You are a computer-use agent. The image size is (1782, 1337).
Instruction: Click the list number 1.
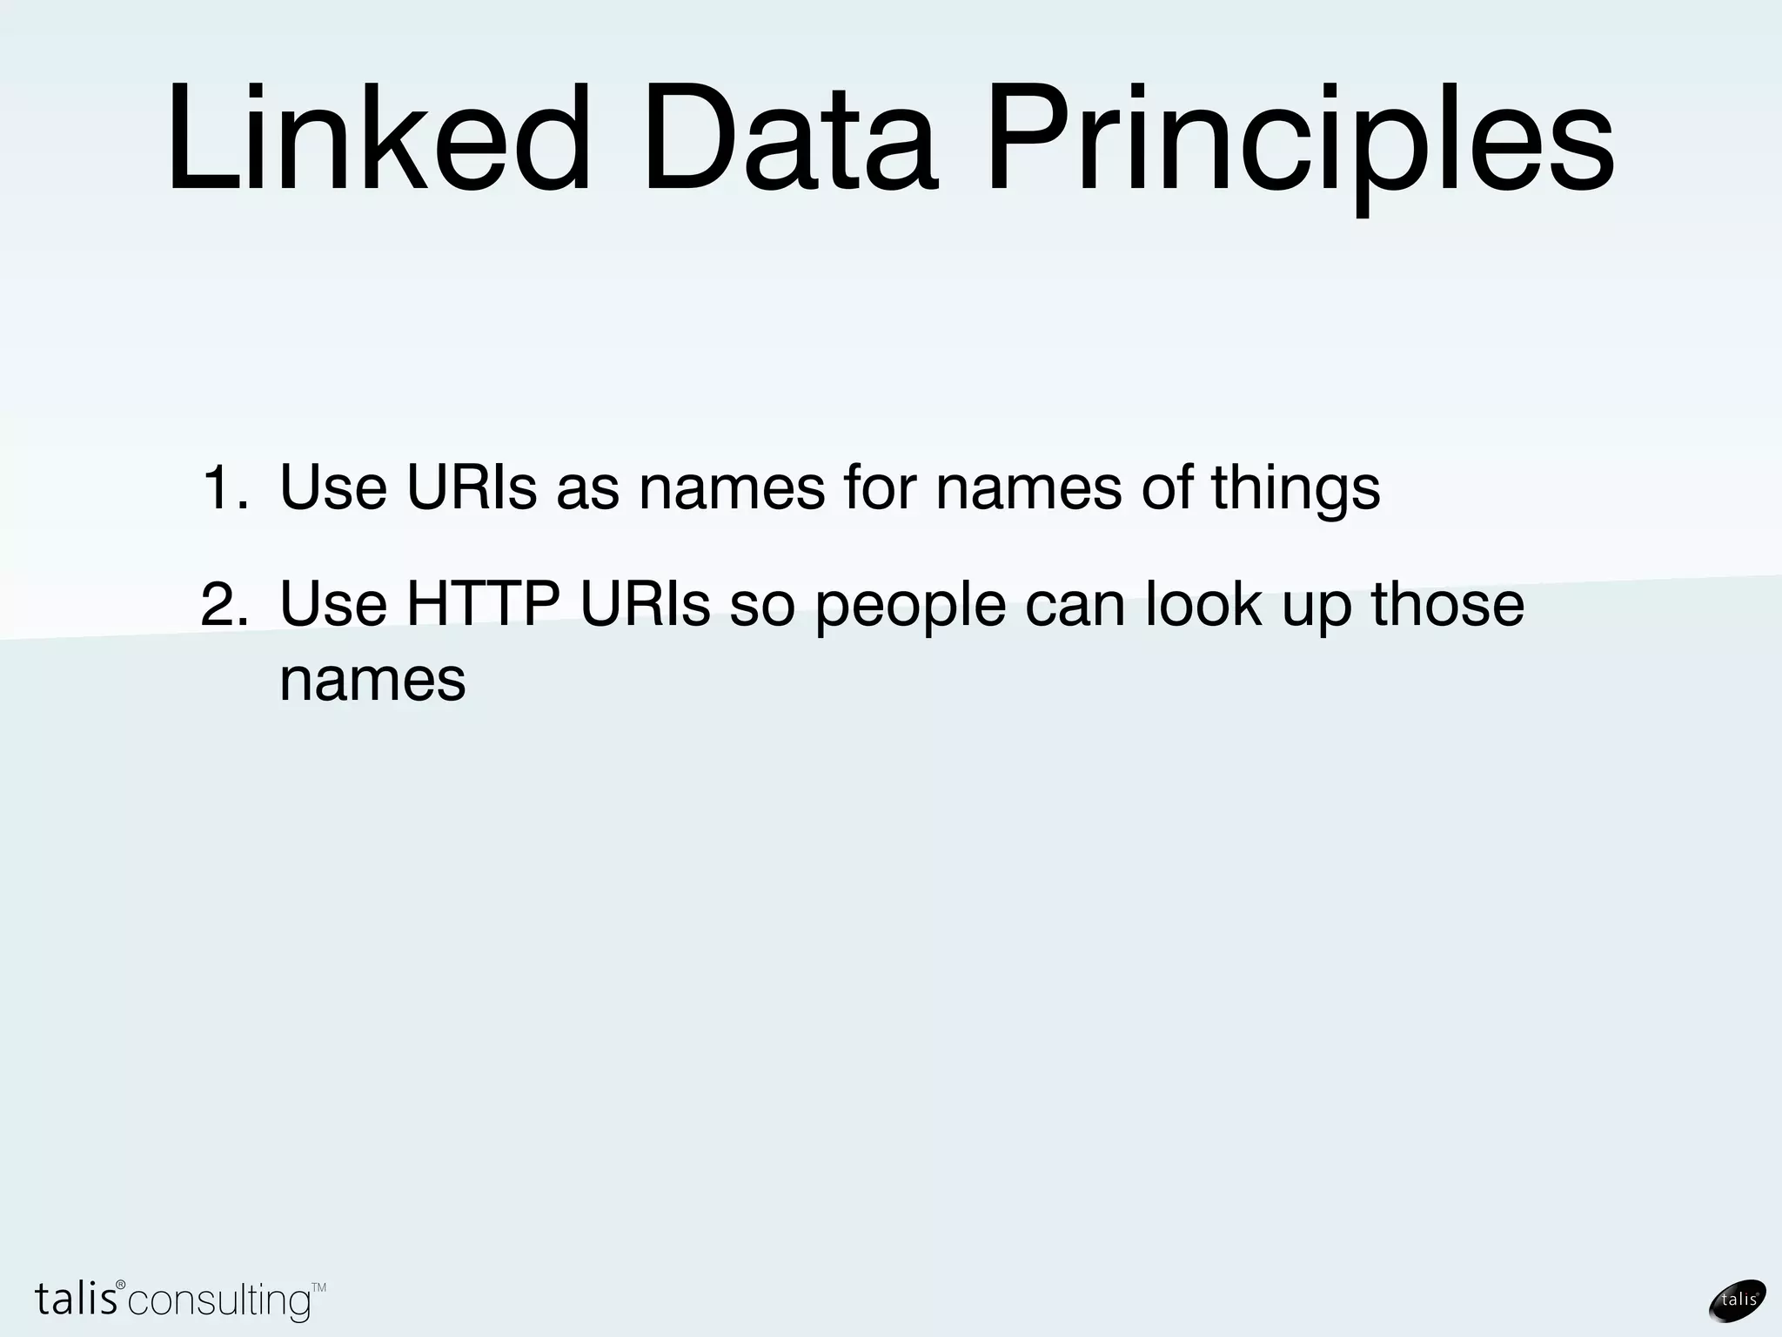coord(224,487)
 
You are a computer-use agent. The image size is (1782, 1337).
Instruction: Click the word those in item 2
coord(1448,604)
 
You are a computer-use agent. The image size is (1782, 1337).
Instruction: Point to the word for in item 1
coord(880,487)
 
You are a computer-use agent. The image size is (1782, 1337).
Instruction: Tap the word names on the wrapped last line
coord(372,680)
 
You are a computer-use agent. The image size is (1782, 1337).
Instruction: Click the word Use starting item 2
coord(333,604)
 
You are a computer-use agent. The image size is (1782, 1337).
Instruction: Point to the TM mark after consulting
coord(318,1287)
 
